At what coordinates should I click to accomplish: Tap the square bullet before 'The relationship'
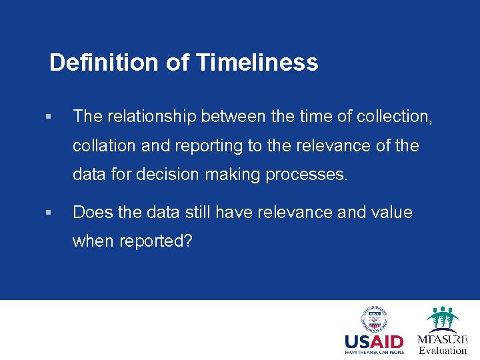pos(47,117)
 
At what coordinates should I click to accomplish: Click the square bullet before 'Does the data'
pos(47,213)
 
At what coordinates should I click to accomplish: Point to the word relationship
pos(150,117)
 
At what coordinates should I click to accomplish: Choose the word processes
pos(307,175)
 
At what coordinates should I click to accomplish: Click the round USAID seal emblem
pos(374,319)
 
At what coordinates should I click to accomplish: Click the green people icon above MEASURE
pos(443,317)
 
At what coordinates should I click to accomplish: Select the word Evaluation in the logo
pos(443,351)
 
